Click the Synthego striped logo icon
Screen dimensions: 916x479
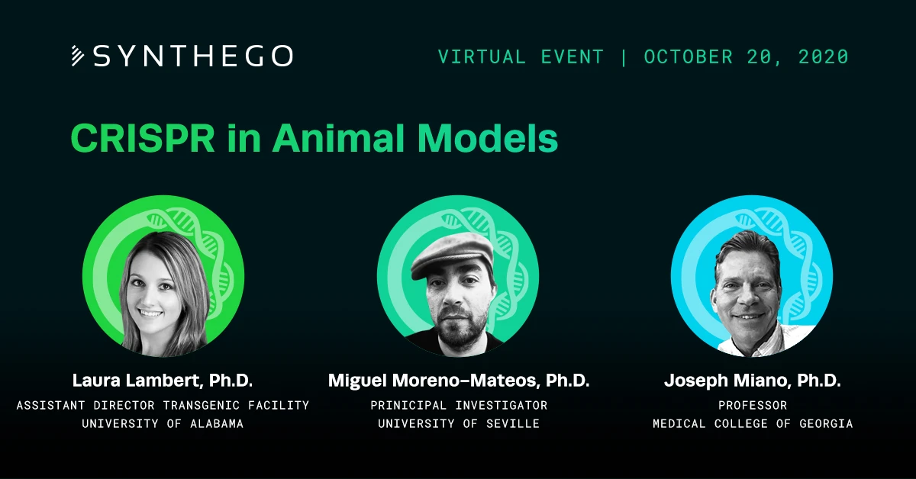78,56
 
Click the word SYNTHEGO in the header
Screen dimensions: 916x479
193,56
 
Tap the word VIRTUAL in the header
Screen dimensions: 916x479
482,56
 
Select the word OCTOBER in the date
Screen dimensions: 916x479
689,56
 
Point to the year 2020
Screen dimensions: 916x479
824,56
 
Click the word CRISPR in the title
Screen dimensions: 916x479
143,138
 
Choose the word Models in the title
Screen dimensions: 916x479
488,138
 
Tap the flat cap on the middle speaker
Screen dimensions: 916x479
452,255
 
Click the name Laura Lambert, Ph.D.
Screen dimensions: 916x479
163,381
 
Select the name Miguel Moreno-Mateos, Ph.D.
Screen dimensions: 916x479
459,381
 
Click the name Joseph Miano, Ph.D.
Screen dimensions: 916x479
753,381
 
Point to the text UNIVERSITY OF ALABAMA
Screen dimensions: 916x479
163,424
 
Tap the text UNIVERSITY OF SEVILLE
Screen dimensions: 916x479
459,424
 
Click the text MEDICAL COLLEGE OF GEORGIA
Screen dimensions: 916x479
753,424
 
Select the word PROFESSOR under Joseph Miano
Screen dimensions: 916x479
753,406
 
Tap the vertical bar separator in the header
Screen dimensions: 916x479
624,56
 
